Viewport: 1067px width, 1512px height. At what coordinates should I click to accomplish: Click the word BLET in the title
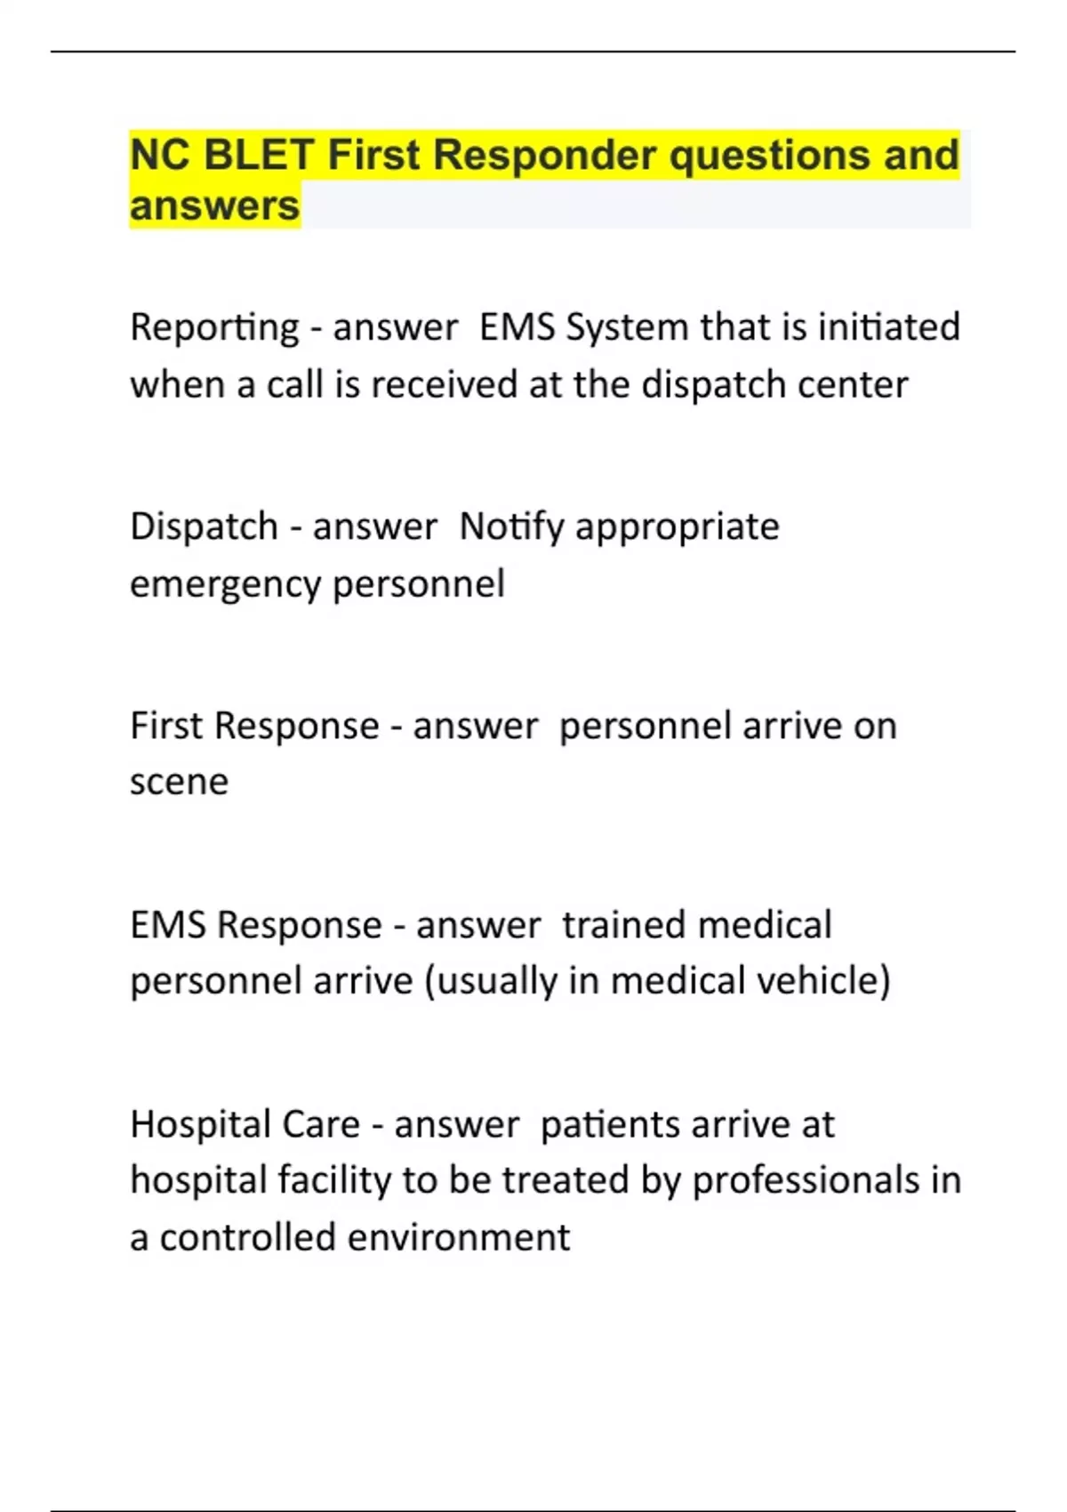(x=258, y=155)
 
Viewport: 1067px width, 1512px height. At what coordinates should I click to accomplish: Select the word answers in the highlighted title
(x=214, y=206)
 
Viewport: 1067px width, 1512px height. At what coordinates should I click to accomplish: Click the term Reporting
(x=214, y=328)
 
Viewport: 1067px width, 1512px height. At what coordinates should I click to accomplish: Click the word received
(x=445, y=385)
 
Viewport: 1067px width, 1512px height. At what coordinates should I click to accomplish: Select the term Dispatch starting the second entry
(x=204, y=527)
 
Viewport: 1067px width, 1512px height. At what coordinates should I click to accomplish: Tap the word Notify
(x=511, y=527)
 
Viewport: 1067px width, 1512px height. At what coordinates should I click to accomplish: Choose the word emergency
(x=225, y=585)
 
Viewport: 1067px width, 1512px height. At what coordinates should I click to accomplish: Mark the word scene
(x=179, y=783)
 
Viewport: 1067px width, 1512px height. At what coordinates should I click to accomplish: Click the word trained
(x=623, y=925)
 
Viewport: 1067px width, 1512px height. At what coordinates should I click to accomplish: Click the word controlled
(x=247, y=1237)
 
